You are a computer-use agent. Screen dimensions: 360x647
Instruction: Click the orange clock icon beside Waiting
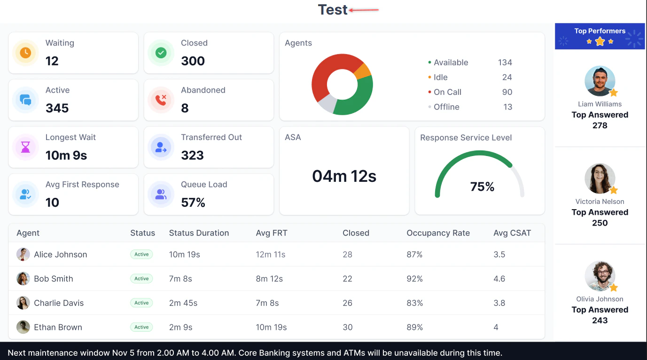click(x=25, y=53)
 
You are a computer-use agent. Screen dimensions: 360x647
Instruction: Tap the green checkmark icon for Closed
click(x=161, y=53)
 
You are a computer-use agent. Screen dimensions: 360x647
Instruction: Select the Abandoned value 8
click(x=185, y=108)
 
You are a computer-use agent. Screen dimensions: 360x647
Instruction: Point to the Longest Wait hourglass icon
click(x=25, y=147)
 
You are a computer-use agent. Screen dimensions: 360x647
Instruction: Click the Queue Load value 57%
click(x=193, y=203)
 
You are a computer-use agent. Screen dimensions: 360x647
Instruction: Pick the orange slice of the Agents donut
click(x=363, y=70)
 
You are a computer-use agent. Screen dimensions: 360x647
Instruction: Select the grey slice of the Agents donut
click(x=325, y=104)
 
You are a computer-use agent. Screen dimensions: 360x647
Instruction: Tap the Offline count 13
click(x=507, y=107)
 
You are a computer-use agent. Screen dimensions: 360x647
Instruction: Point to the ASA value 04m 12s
click(x=344, y=176)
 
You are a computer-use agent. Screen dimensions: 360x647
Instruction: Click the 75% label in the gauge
click(x=482, y=187)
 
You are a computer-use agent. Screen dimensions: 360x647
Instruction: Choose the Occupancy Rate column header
click(x=438, y=233)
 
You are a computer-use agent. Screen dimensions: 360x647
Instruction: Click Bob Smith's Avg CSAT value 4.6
click(x=499, y=279)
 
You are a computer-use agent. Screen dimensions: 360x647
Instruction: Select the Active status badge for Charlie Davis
click(x=141, y=303)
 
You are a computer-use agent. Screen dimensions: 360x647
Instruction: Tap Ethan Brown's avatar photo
click(x=23, y=327)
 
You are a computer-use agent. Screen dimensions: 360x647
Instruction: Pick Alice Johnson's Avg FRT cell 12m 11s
click(x=271, y=254)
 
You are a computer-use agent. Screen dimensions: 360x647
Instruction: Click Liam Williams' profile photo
click(x=600, y=81)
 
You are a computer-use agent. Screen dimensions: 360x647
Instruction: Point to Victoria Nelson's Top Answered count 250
click(x=600, y=223)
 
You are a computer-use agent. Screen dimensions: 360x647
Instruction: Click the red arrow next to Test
click(x=364, y=9)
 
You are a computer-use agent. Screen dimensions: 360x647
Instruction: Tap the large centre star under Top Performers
click(x=600, y=41)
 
